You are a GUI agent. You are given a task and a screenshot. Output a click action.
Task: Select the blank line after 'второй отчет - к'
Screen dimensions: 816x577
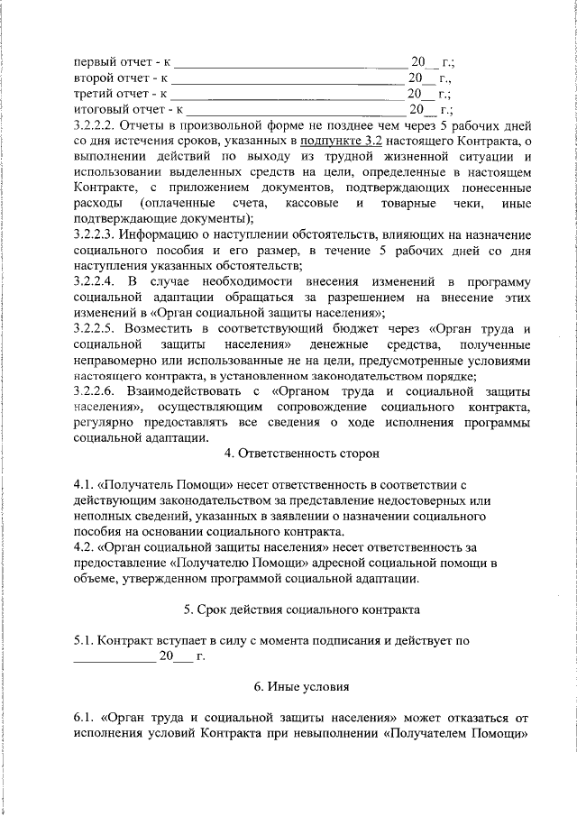click(x=289, y=80)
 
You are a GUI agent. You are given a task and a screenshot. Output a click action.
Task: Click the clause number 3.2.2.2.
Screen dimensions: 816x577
click(x=94, y=126)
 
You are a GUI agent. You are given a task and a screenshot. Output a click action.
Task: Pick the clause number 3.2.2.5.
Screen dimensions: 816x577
click(x=94, y=329)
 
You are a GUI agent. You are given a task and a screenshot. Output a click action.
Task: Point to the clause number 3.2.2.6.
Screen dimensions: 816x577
click(x=94, y=392)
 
